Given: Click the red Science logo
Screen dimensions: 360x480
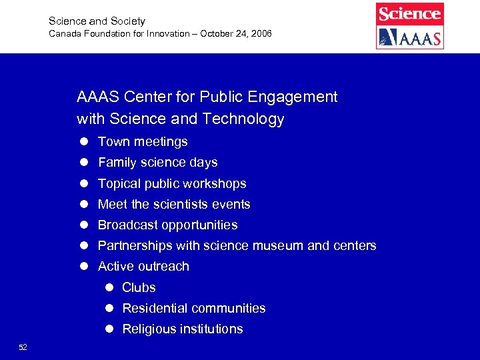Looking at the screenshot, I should tap(409, 13).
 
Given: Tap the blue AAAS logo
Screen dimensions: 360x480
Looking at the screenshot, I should tap(409, 37).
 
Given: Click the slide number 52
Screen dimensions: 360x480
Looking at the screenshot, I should tap(23, 347).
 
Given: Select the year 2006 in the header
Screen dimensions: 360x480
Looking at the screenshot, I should tap(260, 33).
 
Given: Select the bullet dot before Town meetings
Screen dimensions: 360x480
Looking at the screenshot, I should tap(85, 142).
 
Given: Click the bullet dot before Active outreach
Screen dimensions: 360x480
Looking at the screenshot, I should tap(85, 267).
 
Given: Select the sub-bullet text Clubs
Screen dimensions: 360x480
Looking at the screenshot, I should tap(139, 288).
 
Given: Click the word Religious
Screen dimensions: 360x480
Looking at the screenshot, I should tap(149, 329).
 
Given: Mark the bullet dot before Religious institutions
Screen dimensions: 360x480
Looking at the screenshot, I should tap(109, 329).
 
